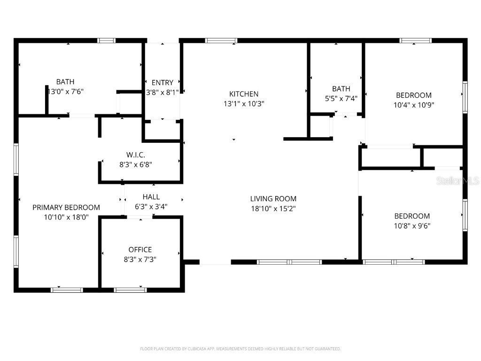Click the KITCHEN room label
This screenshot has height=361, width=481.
pos(244,94)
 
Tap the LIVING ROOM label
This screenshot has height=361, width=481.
pos(273,199)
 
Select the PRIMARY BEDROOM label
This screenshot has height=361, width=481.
pos(66,207)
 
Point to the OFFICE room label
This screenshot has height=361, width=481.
pos(140,250)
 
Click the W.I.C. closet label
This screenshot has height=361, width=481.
pos(135,155)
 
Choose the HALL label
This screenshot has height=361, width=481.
pos(151,197)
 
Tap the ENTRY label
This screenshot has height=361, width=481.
pos(163,83)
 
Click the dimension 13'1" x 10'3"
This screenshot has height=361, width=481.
pos(244,104)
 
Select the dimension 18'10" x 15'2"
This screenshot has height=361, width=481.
pos(273,208)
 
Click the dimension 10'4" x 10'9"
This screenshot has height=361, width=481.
pos(413,105)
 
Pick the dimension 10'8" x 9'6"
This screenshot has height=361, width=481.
pos(412,226)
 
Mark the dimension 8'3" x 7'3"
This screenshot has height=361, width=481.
pos(140,259)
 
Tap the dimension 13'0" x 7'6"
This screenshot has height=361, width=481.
pos(66,92)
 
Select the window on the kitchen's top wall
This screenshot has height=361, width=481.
pos(221,41)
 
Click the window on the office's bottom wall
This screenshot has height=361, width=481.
pos(131,290)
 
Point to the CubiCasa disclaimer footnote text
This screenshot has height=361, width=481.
pos(240,349)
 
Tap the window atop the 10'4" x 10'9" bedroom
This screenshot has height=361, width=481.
pos(415,41)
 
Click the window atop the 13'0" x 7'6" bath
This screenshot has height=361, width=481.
pos(107,41)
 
